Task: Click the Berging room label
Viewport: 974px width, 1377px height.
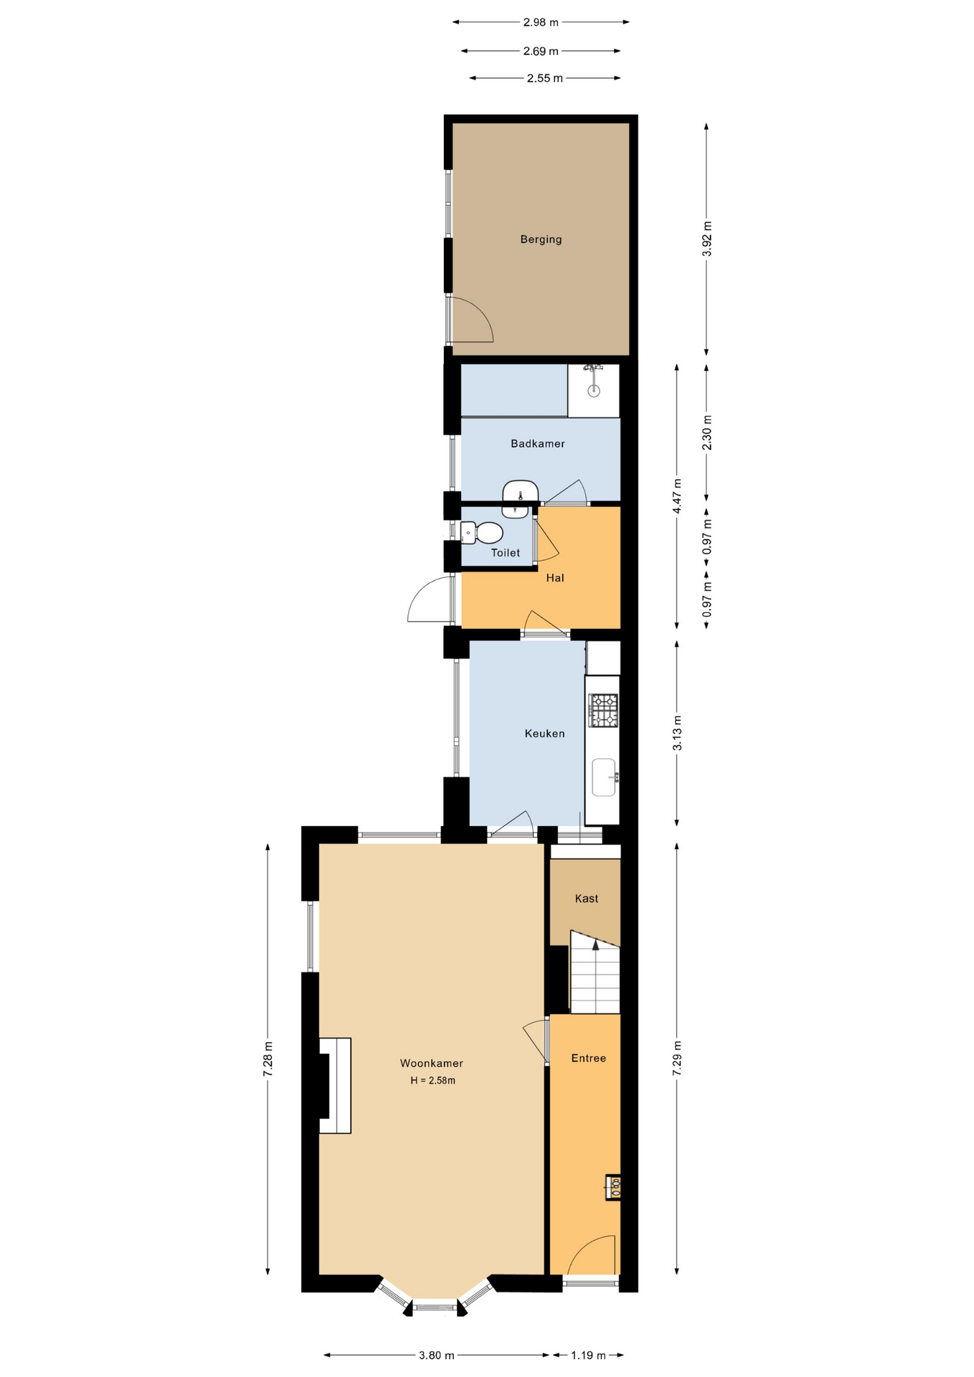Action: [541, 240]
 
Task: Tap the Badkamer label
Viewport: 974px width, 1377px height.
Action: [538, 444]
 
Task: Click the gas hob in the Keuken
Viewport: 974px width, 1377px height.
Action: [603, 710]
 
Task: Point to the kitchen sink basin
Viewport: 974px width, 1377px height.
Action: [604, 777]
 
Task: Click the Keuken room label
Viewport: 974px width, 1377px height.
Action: [544, 734]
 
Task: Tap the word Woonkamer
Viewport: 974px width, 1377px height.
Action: [432, 1064]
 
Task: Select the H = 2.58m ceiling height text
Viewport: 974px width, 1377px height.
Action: [432, 1080]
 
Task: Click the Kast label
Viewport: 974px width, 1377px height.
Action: [587, 899]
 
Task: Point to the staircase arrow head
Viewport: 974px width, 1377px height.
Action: [595, 945]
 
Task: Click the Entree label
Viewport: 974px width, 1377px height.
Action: [589, 1059]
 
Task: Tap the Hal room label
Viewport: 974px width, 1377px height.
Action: [555, 578]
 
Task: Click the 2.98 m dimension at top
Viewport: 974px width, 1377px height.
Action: [541, 22]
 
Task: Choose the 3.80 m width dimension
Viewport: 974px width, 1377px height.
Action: [437, 1355]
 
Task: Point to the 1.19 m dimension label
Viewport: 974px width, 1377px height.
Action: [588, 1355]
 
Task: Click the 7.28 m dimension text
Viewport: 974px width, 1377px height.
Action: [268, 1059]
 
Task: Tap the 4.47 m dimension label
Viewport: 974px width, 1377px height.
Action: [677, 496]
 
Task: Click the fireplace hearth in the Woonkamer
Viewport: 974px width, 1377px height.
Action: [335, 1085]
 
